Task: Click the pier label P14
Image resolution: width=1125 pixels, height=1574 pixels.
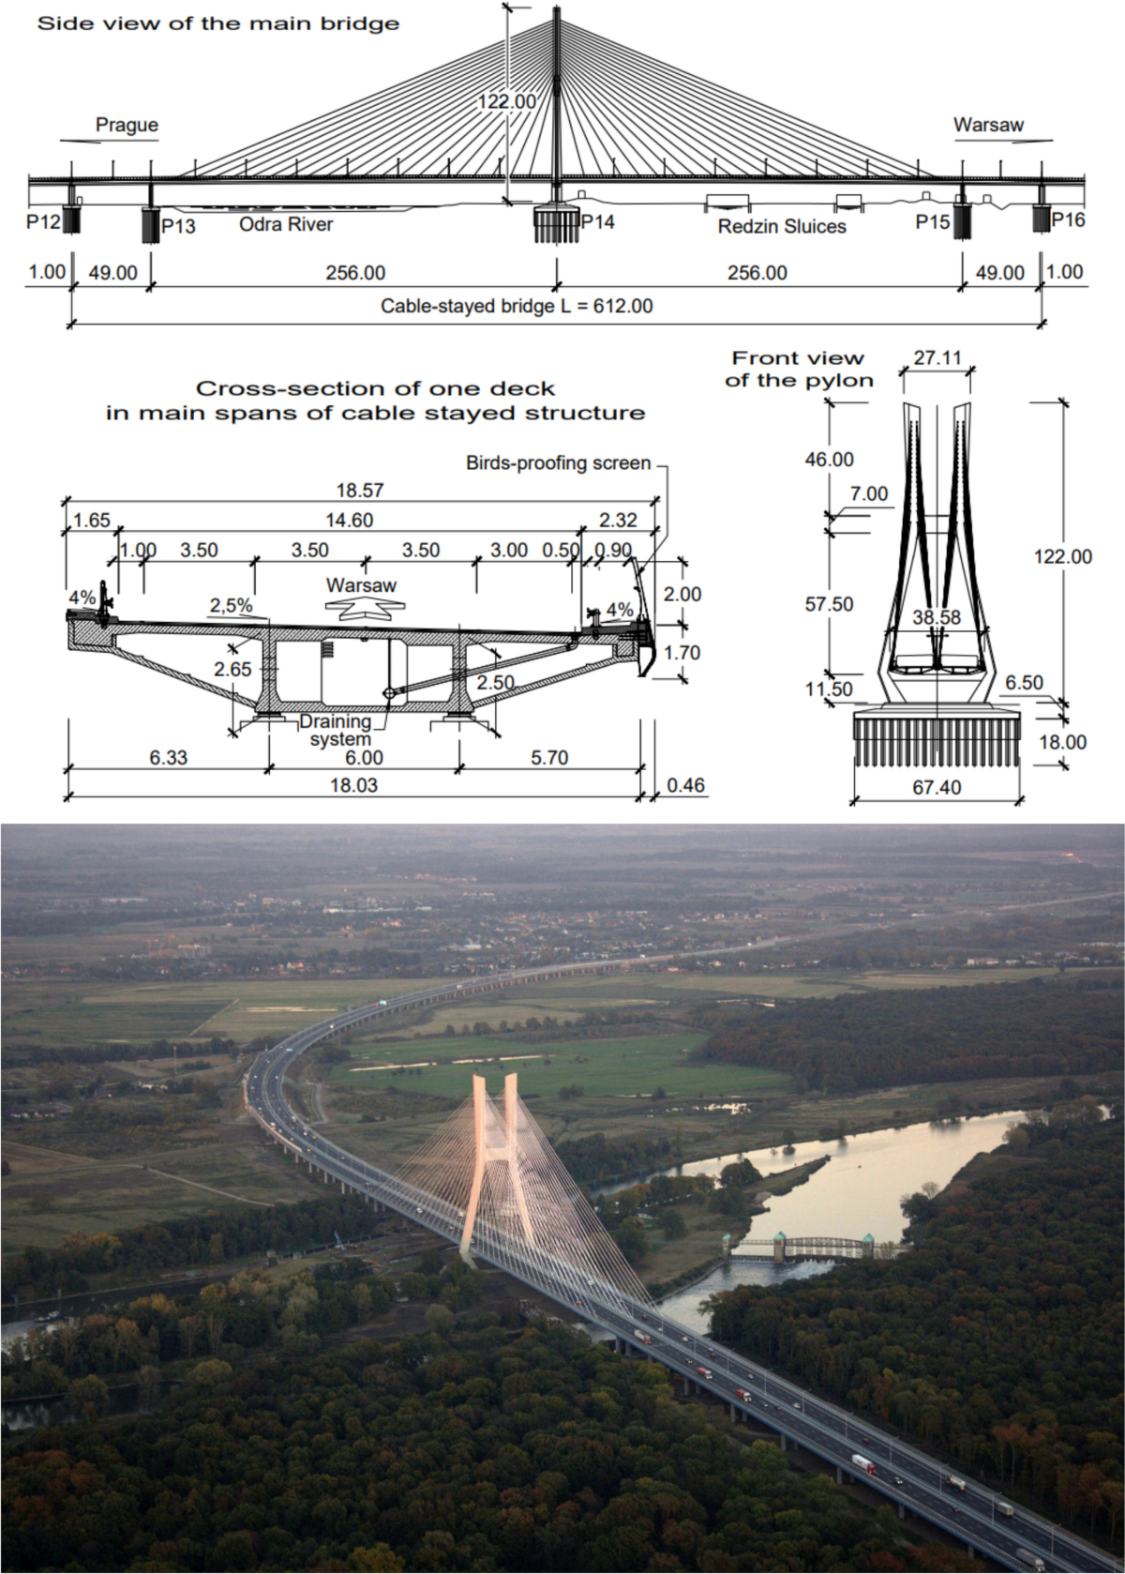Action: [598, 221]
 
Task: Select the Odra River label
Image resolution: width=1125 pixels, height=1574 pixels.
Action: [286, 225]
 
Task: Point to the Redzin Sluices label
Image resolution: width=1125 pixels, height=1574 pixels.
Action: [782, 226]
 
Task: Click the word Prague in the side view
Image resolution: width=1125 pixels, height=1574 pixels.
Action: [127, 125]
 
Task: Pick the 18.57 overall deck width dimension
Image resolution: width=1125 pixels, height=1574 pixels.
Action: [360, 490]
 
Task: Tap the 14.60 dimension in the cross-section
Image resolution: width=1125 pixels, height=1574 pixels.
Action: [349, 520]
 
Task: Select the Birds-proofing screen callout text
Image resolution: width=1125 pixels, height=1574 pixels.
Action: [558, 462]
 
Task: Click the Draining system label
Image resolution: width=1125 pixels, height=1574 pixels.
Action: [336, 730]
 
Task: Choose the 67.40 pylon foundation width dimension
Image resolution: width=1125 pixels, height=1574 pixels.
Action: [937, 787]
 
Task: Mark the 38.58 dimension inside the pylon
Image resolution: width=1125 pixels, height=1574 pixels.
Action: [937, 617]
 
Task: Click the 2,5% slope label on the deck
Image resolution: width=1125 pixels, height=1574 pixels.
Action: [231, 605]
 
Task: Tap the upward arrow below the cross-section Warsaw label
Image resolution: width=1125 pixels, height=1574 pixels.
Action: [361, 609]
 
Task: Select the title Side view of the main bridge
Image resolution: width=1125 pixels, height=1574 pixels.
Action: [218, 23]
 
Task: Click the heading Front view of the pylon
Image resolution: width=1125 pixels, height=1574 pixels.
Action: [798, 369]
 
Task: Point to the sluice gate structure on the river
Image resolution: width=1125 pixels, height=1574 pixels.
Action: [805, 1248]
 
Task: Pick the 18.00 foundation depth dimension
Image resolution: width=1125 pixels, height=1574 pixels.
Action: [1063, 742]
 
